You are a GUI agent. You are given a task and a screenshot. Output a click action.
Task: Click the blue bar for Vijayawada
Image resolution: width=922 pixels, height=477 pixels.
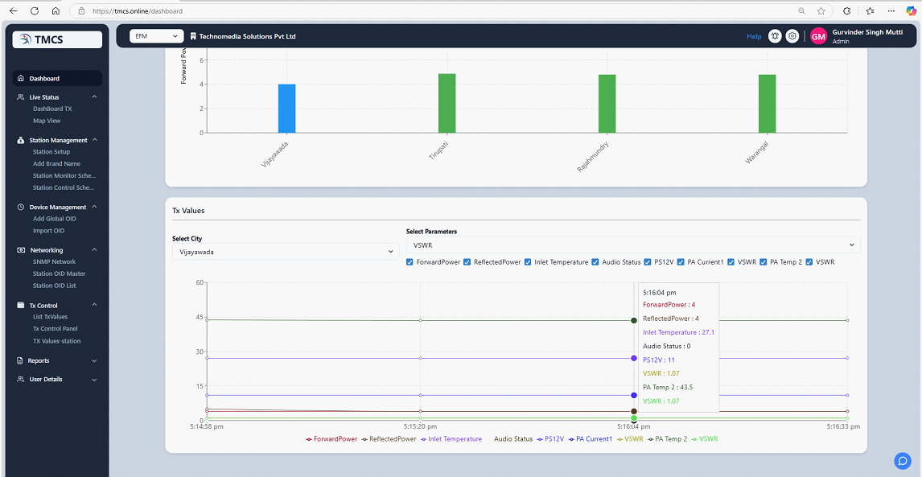point(287,109)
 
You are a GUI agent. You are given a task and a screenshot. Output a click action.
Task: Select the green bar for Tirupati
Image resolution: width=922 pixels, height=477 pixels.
point(447,104)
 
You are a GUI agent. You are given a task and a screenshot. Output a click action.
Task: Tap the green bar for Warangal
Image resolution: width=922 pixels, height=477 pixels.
point(768,104)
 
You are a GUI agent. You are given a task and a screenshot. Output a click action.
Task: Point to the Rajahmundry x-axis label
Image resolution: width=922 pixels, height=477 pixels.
point(593,156)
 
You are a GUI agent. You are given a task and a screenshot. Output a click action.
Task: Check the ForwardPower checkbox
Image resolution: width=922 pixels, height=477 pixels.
point(410,262)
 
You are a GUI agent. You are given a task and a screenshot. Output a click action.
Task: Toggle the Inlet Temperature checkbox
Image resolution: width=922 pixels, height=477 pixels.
point(528,262)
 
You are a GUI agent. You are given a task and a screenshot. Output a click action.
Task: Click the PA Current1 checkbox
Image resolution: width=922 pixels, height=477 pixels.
point(681,262)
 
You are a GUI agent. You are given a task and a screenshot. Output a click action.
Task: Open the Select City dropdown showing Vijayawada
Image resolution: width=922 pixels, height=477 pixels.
point(286,252)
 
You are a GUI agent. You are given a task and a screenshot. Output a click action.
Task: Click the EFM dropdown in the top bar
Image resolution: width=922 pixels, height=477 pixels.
point(156,36)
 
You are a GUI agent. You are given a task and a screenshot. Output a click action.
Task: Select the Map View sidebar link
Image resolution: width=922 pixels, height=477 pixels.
point(47,121)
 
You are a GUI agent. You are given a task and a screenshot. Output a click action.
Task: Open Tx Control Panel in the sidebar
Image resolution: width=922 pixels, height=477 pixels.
point(56,329)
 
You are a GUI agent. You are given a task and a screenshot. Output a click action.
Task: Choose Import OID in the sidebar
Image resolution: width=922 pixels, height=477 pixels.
point(49,231)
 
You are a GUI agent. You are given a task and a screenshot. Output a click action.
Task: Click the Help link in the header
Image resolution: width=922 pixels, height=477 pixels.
point(754,36)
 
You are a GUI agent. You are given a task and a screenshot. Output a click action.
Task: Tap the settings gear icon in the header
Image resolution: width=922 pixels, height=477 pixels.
point(792,36)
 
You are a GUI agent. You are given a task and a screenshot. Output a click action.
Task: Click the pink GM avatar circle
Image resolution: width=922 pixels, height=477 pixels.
point(818,36)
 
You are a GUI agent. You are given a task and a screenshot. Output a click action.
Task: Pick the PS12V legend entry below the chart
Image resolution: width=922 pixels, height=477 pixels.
point(550,438)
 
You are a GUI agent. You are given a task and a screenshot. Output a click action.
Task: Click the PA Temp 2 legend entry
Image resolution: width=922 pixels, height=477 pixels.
point(667,438)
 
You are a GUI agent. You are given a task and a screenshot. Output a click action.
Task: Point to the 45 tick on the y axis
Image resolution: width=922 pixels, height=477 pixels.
point(200,318)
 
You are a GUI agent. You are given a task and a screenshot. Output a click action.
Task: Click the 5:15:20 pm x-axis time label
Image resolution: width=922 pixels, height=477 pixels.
point(420,426)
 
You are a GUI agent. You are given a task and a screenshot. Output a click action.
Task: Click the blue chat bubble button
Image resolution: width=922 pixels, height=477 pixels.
point(902,461)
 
